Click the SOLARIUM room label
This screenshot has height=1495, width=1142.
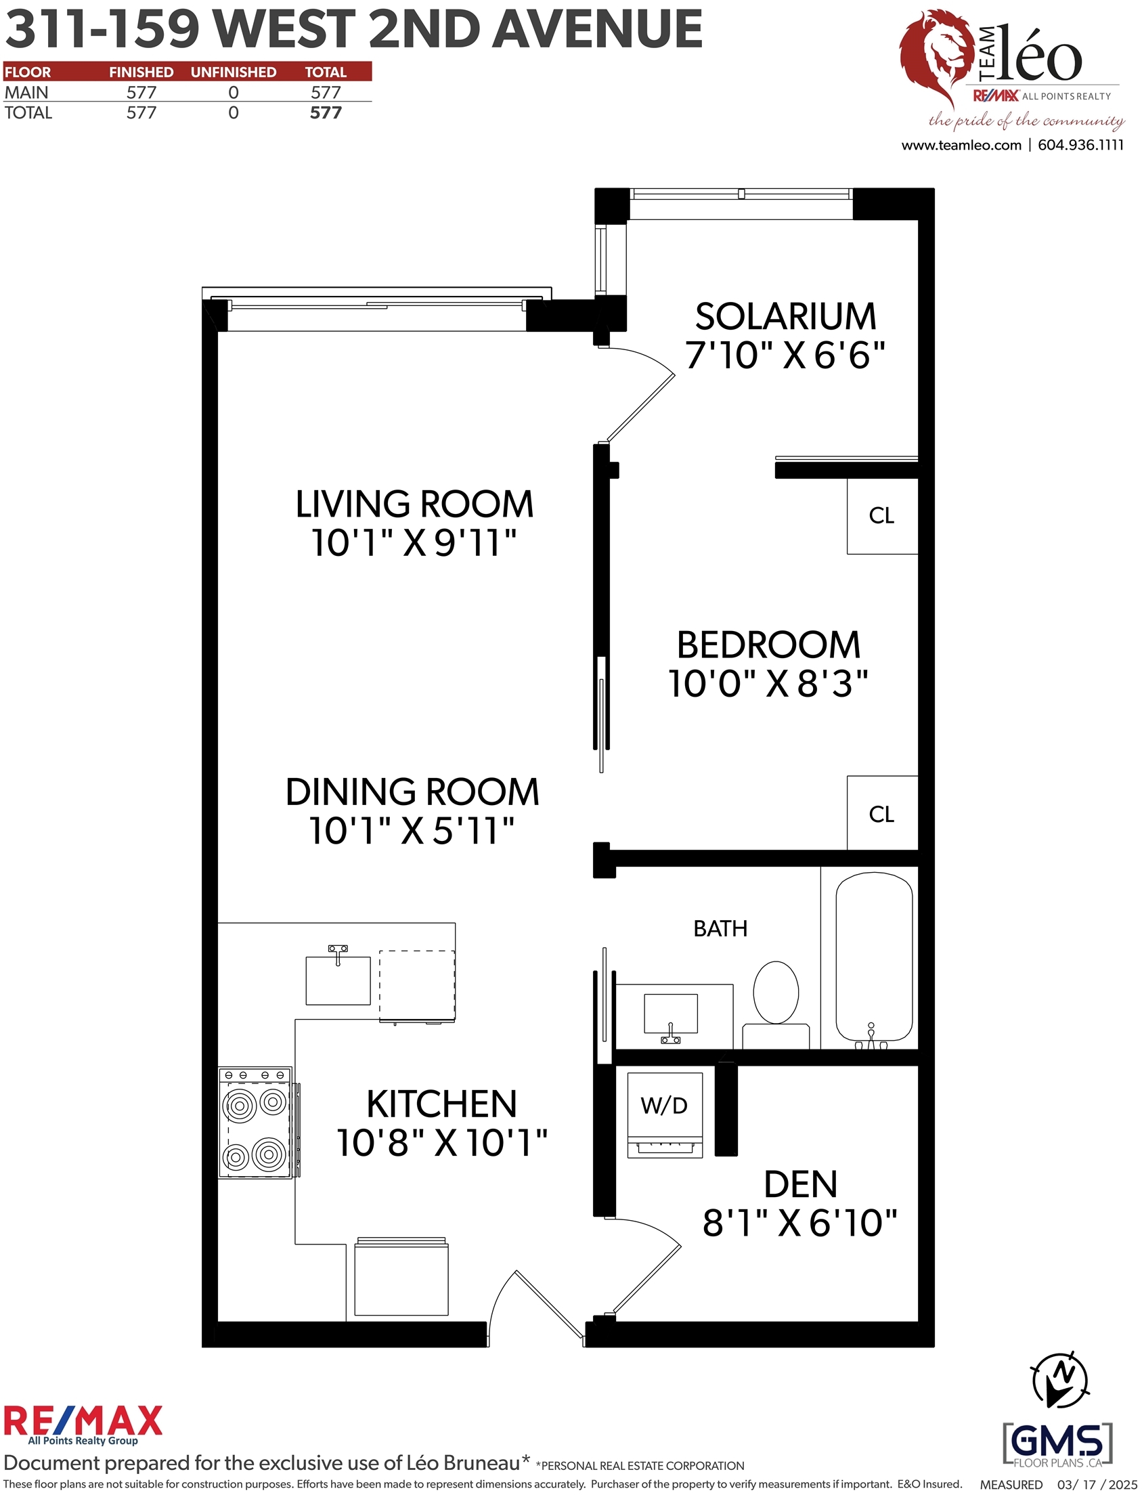click(x=785, y=317)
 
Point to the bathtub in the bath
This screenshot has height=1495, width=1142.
click(x=873, y=960)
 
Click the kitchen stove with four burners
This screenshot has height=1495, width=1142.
click(x=256, y=1123)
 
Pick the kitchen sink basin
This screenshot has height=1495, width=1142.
click(x=338, y=980)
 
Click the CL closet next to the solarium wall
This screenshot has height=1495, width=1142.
click(x=882, y=516)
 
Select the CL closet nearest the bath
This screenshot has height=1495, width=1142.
click(x=882, y=813)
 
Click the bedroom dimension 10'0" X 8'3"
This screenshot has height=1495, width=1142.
click(x=768, y=684)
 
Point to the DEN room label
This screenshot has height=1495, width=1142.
click(x=801, y=1185)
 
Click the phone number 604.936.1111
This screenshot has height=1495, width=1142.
click(x=1081, y=145)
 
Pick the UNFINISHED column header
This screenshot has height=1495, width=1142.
click(x=233, y=72)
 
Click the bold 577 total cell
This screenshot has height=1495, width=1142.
click(x=326, y=113)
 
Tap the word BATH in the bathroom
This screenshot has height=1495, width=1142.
click(x=720, y=929)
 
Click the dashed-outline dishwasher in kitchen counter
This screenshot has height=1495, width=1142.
click(x=417, y=986)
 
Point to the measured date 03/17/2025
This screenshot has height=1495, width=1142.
click(x=1097, y=1485)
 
